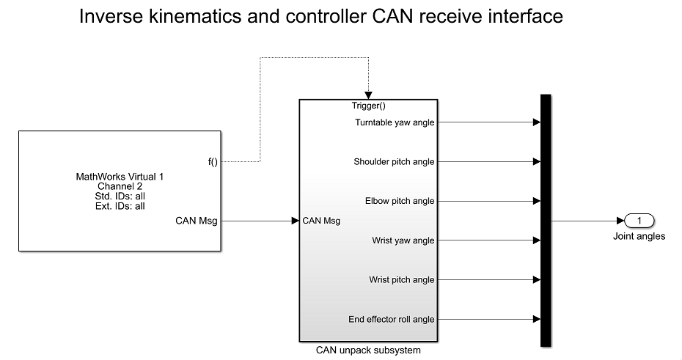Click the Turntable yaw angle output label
point(395,122)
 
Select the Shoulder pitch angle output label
point(394,162)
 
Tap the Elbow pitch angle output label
point(400,201)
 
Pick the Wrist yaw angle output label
point(403,240)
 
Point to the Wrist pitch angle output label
point(402,279)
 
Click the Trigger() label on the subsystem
point(368,106)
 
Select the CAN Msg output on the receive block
point(197,220)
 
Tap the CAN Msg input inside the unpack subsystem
point(321,220)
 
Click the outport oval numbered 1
point(639,220)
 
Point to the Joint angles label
point(639,236)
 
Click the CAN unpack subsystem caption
point(368,350)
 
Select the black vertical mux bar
point(545,220)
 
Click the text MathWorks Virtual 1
point(120,177)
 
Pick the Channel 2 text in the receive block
point(120,186)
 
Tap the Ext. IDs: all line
point(120,206)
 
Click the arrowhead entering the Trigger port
point(368,95)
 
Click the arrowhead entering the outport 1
point(621,220)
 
